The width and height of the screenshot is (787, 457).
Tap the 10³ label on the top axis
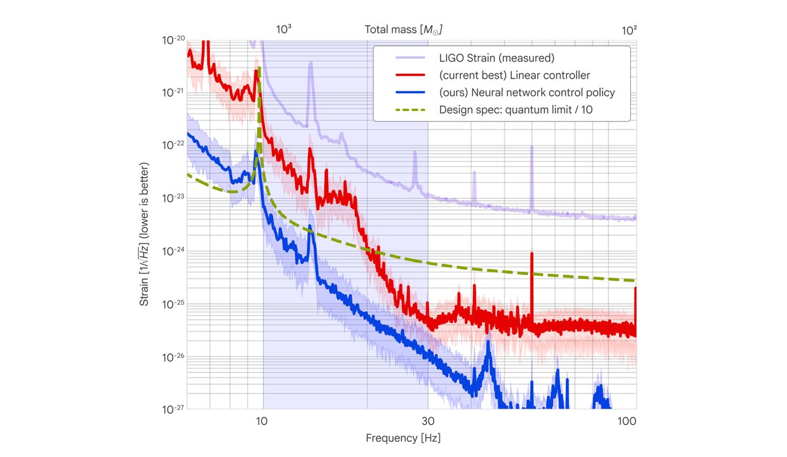283,30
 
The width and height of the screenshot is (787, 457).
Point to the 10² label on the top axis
630,30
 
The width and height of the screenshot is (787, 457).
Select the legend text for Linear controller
514,76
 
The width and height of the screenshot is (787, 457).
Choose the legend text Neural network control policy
527,93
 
